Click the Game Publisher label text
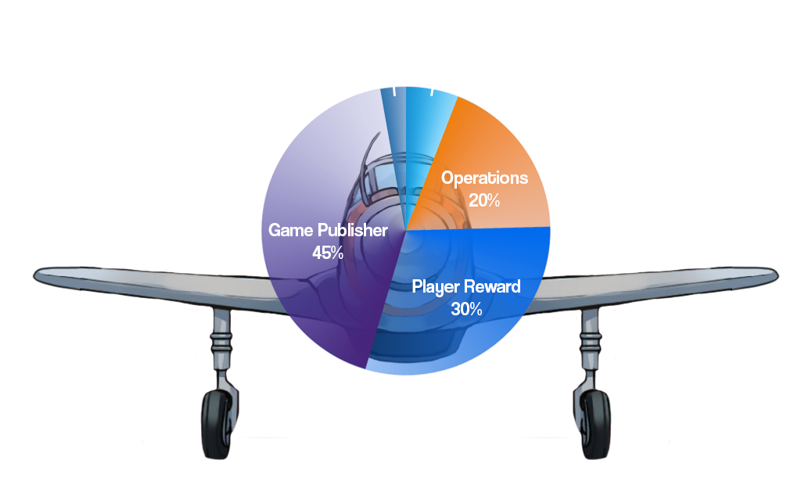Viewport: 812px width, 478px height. (328, 231)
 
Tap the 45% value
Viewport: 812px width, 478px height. (328, 253)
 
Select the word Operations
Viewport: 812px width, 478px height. (484, 178)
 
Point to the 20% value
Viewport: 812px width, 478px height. (484, 200)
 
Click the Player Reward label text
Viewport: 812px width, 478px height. (466, 287)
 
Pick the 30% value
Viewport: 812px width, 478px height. (466, 309)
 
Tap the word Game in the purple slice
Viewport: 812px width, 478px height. (288, 231)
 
